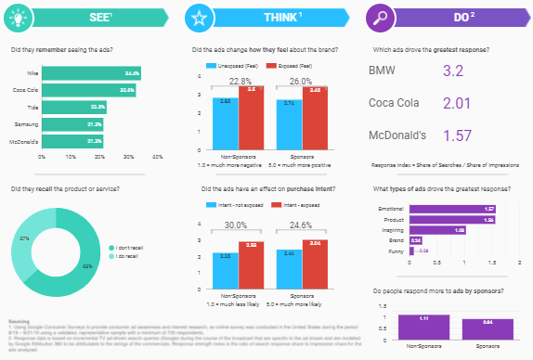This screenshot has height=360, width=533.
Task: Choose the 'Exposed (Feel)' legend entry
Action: tap(291, 67)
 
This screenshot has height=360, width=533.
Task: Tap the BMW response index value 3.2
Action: tap(453, 71)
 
